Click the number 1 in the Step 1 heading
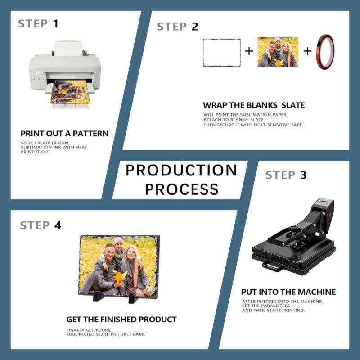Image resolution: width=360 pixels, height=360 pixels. (x=55, y=24)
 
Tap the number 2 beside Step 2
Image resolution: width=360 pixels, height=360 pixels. (x=195, y=27)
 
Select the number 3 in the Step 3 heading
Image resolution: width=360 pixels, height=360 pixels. (x=303, y=175)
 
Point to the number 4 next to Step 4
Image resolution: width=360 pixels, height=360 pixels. (x=58, y=225)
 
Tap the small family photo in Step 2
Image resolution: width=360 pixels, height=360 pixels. (x=278, y=52)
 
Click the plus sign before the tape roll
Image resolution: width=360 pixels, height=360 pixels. (x=307, y=51)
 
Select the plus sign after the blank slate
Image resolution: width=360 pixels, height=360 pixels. (x=249, y=51)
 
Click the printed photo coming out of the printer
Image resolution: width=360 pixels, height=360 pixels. (x=70, y=92)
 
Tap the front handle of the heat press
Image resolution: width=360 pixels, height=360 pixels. (x=273, y=266)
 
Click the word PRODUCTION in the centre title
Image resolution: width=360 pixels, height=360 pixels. (x=181, y=171)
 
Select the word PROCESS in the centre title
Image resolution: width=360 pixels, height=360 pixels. (x=182, y=189)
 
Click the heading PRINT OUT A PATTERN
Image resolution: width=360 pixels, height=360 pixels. (x=64, y=133)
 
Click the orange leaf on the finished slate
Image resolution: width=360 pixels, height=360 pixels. (x=120, y=276)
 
